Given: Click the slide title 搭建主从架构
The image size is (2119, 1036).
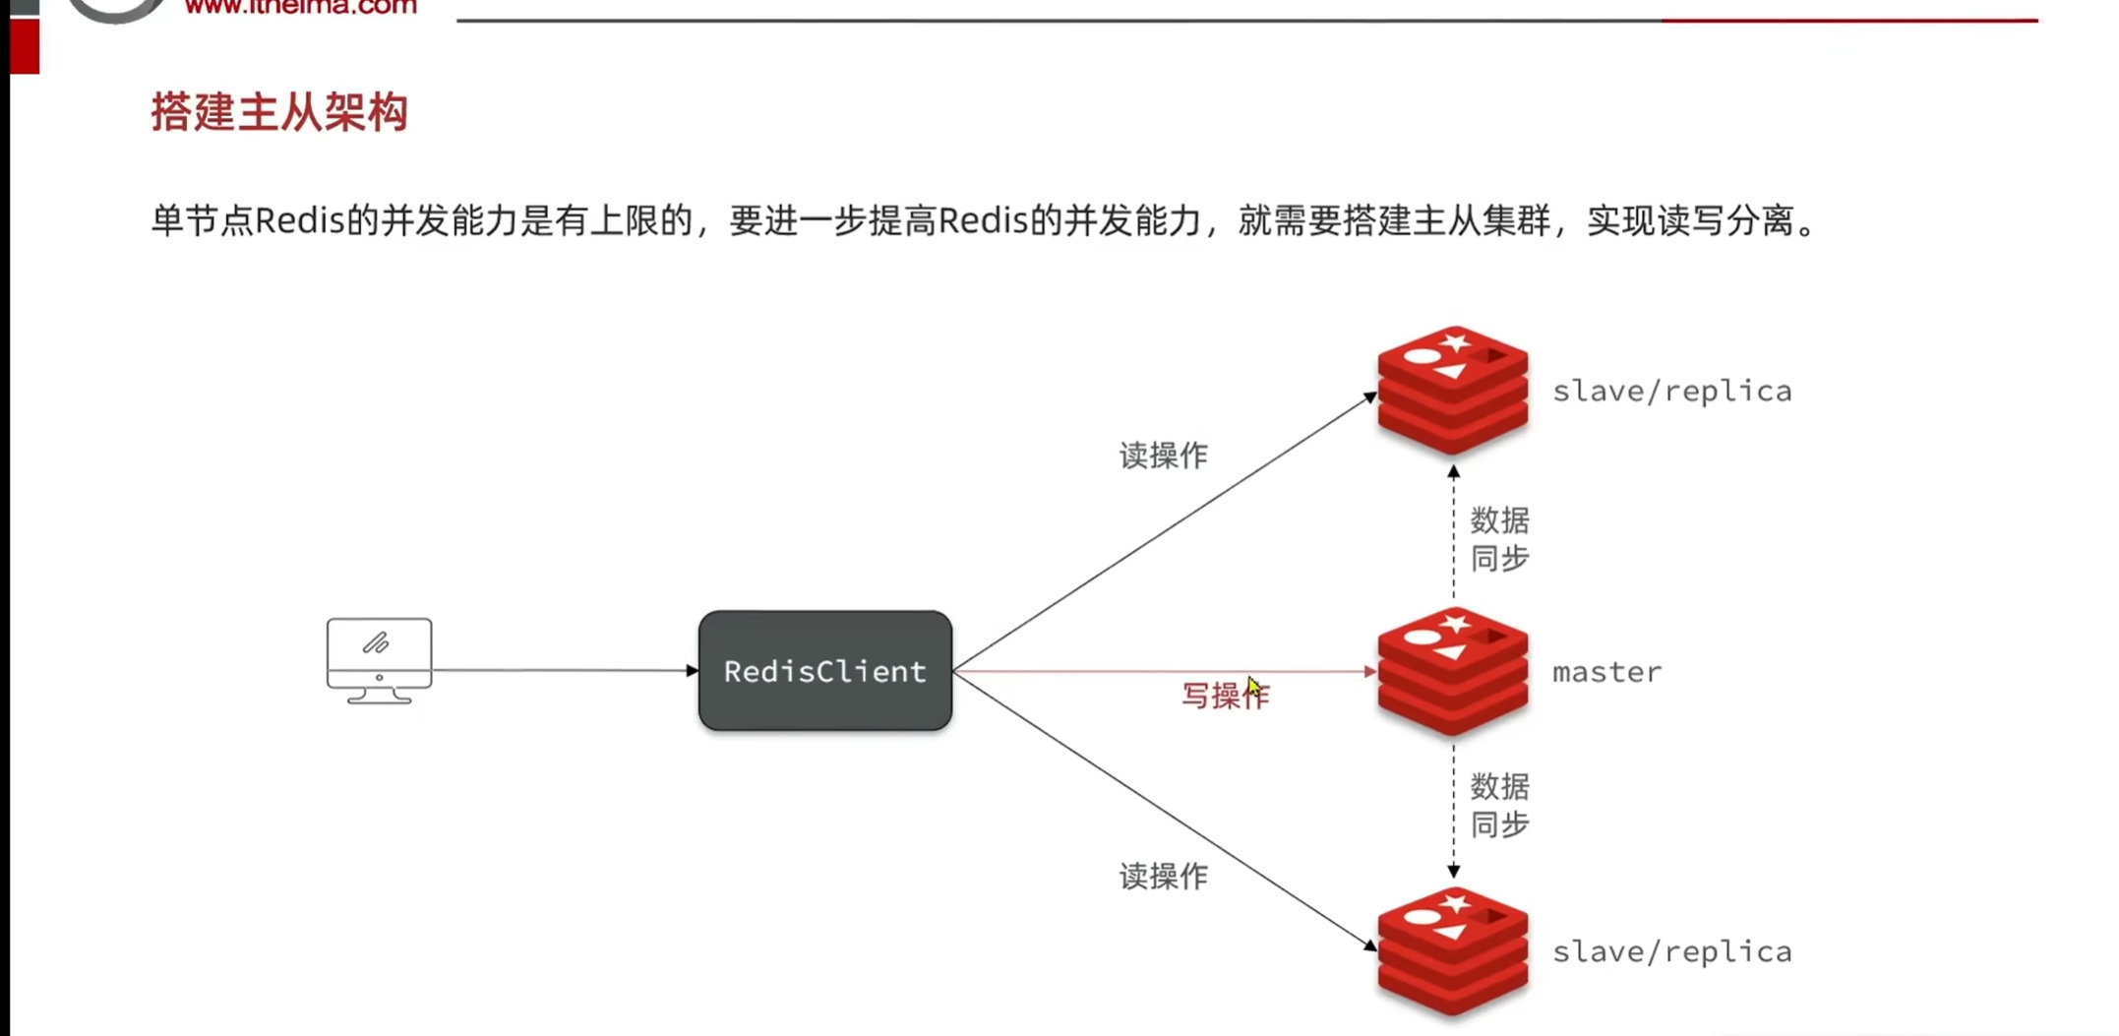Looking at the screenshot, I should click(279, 112).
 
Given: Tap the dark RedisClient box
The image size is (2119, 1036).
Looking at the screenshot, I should click(824, 671).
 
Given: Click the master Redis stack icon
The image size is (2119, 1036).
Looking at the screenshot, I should click(1452, 671).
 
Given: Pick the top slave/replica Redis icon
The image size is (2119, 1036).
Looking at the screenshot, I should click(1452, 391).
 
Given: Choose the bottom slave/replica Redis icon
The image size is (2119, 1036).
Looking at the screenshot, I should click(1452, 951).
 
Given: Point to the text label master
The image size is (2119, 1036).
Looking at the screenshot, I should click(1606, 672).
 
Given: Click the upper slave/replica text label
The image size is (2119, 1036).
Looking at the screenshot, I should click(1671, 392).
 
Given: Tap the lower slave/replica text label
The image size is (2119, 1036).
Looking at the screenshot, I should click(1671, 952).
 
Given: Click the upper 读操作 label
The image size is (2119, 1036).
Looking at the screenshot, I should click(1163, 456).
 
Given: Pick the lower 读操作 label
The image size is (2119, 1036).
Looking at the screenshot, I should click(1163, 877).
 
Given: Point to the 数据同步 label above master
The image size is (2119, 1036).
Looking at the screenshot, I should click(1499, 539).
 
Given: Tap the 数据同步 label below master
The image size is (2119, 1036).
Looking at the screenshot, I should click(1499, 806).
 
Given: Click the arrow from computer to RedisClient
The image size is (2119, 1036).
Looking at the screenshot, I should click(565, 670).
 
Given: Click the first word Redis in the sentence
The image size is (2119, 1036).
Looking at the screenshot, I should click(300, 221).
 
